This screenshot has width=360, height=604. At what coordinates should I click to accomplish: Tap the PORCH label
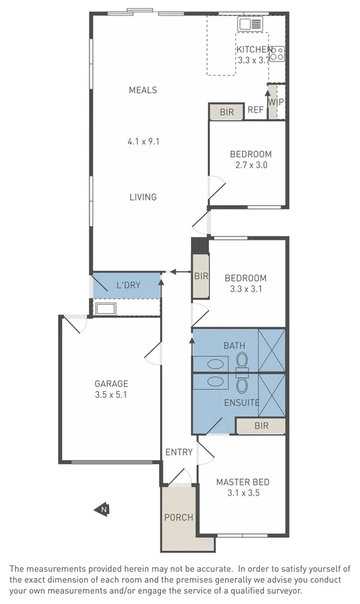[178, 517]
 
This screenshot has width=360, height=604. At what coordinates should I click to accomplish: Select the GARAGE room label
[111, 384]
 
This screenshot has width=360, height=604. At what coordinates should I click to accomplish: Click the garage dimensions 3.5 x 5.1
[111, 395]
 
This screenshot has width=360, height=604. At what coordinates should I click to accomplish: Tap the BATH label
[234, 345]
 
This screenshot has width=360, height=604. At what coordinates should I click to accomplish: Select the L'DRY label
[128, 285]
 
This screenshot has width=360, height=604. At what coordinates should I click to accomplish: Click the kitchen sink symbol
[251, 24]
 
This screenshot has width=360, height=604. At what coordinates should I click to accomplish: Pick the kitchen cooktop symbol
[278, 53]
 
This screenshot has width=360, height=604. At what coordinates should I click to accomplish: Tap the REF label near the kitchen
[255, 111]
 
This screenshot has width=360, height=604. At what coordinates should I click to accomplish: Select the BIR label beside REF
[227, 112]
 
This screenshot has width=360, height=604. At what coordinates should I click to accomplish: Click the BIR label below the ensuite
[260, 426]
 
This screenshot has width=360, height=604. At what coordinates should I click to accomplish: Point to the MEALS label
[143, 90]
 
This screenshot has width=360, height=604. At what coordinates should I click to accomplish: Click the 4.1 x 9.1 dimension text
[143, 141]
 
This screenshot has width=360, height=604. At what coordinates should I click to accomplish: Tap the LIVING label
[143, 196]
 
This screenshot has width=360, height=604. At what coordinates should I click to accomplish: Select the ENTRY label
[179, 452]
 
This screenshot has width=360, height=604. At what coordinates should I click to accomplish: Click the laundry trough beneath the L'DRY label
[106, 309]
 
